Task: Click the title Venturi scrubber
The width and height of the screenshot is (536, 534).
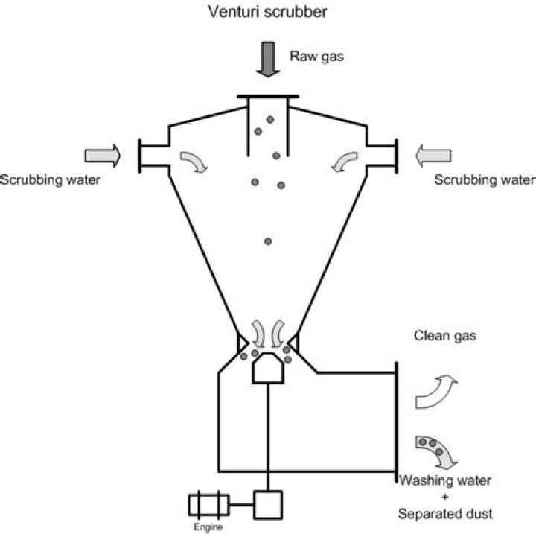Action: click(267, 13)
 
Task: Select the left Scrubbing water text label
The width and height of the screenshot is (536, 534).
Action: click(49, 179)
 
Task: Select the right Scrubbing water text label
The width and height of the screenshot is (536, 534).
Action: click(484, 179)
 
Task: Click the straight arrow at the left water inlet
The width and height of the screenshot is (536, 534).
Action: click(102, 155)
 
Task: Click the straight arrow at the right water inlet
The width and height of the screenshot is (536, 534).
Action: click(433, 155)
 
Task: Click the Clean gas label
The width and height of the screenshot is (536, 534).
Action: click(444, 337)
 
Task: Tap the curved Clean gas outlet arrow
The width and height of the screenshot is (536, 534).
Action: click(436, 392)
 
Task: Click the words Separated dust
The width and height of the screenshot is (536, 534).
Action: click(446, 514)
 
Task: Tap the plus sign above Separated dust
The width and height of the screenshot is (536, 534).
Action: click(446, 496)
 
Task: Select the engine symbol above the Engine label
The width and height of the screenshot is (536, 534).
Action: click(208, 506)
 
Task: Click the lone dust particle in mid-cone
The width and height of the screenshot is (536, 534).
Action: click(267, 241)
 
